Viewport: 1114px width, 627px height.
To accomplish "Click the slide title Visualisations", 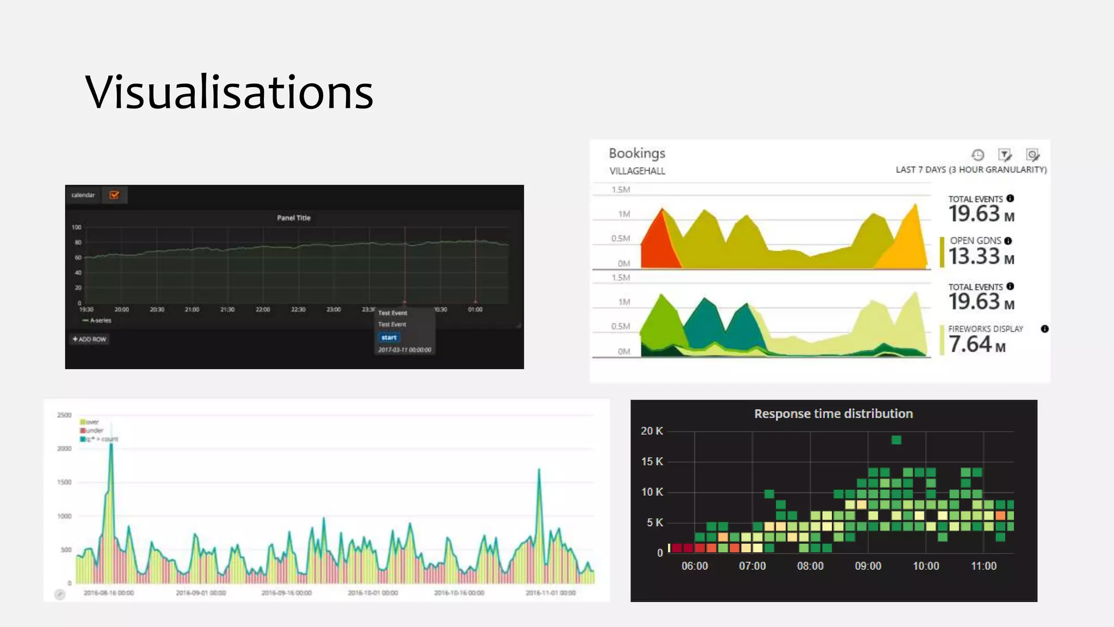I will click(x=229, y=92).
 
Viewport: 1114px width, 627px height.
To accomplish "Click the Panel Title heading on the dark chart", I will click(x=294, y=218).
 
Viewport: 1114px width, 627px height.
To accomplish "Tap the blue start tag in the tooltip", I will click(x=389, y=337).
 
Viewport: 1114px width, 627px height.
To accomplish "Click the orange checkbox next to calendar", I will click(x=114, y=195).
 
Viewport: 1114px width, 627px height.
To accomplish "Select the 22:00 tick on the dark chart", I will click(x=263, y=309).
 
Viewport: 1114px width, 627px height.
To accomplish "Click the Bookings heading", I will click(x=637, y=153).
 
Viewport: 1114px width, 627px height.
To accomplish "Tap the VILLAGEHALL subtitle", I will click(x=637, y=171).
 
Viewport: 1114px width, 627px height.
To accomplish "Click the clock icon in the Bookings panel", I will click(x=977, y=155).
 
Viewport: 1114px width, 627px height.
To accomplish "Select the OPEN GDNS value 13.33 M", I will click(x=981, y=256).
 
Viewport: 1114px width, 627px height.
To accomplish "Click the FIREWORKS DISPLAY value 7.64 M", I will click(x=977, y=345).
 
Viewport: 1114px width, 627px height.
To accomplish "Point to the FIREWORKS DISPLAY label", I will click(x=986, y=329).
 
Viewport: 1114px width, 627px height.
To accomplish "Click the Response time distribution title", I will click(x=833, y=414).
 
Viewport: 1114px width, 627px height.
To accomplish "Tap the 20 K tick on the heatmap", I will click(x=652, y=431).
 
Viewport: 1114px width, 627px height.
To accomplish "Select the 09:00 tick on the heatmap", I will click(x=868, y=566).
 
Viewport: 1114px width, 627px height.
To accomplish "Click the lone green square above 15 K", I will click(x=896, y=440).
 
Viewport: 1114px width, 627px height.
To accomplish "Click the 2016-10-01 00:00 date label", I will click(x=373, y=593).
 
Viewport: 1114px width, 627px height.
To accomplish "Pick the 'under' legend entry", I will click(x=94, y=431).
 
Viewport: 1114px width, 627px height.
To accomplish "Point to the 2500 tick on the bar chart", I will click(x=64, y=415).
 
